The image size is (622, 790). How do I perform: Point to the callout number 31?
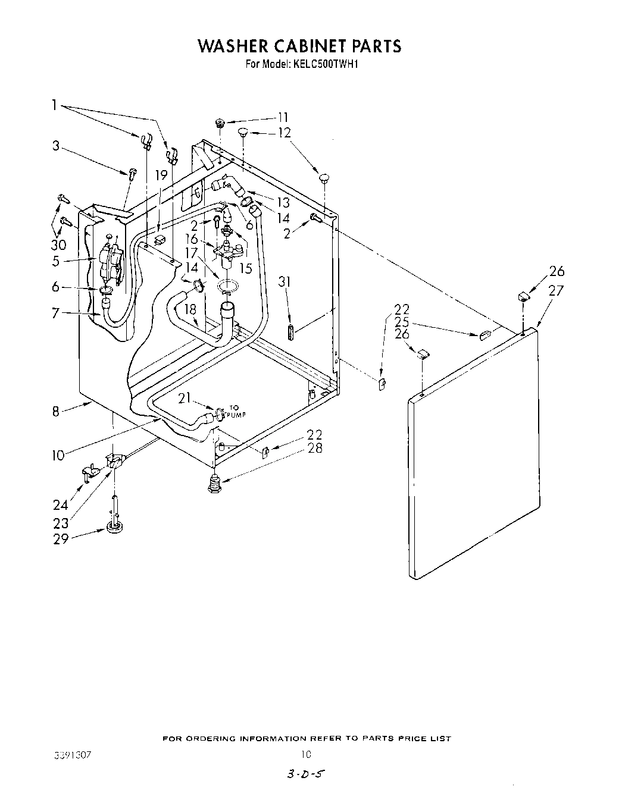[285, 281]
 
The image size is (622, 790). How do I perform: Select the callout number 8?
[55, 410]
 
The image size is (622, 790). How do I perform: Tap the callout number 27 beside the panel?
[555, 290]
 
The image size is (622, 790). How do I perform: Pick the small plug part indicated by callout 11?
[220, 124]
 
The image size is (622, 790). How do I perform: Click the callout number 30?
[58, 244]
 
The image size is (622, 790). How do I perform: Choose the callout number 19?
[161, 175]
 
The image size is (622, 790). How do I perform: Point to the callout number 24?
[61, 506]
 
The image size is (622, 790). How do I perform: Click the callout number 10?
[58, 456]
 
